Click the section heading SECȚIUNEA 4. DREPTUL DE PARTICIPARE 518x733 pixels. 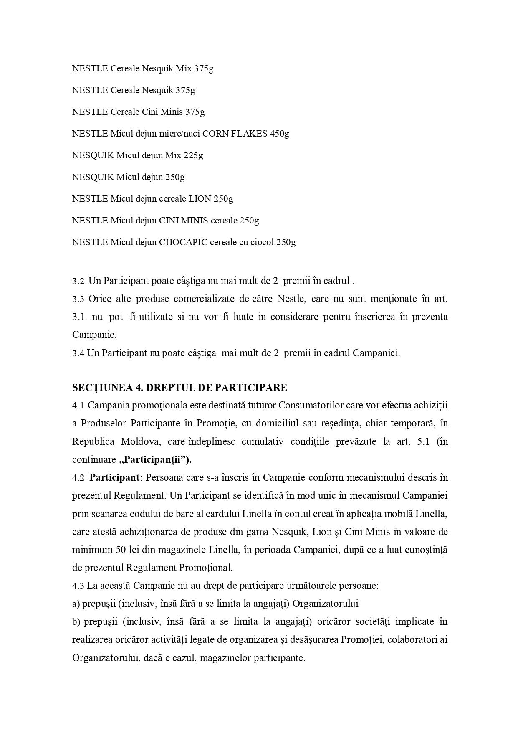tap(179, 388)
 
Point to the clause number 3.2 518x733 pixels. tap(78, 281)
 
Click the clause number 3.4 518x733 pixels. tap(78, 353)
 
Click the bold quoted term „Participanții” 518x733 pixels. tap(155, 460)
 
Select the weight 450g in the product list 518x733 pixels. tap(280, 134)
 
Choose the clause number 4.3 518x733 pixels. tap(78, 586)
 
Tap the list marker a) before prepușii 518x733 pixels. tap(76, 604)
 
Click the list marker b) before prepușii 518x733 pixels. tap(76, 622)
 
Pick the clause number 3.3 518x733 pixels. tap(78, 299)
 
